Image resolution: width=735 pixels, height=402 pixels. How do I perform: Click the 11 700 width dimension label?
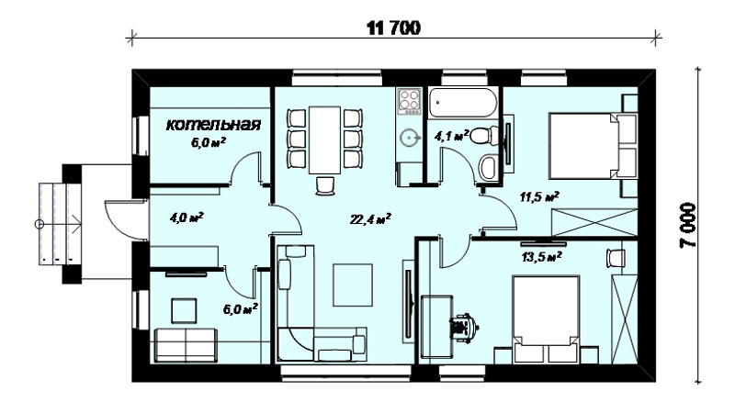[393, 28]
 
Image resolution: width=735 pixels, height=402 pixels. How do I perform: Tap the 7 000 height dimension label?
[688, 225]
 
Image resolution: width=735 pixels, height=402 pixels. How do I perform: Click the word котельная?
[213, 125]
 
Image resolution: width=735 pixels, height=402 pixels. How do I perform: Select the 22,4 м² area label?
[370, 218]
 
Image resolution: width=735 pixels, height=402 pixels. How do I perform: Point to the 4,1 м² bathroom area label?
[452, 137]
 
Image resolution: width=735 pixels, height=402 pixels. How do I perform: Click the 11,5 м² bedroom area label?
[539, 196]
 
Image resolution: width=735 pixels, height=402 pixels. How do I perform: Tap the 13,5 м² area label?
[542, 257]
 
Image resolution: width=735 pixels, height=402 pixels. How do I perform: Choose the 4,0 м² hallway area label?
[187, 218]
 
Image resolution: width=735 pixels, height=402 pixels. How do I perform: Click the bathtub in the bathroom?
[463, 102]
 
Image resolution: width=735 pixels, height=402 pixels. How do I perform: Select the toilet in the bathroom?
[481, 136]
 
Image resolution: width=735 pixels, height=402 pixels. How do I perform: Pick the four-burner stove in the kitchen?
[409, 101]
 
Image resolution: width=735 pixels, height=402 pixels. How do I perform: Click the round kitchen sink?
[409, 138]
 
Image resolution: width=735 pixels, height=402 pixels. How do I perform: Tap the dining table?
[324, 140]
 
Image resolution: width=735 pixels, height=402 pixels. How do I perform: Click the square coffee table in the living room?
[353, 285]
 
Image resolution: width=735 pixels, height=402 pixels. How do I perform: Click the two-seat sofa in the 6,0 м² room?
[187, 345]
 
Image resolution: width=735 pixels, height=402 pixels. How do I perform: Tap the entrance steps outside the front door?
[59, 225]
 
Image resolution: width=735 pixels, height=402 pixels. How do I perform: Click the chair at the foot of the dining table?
[325, 185]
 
